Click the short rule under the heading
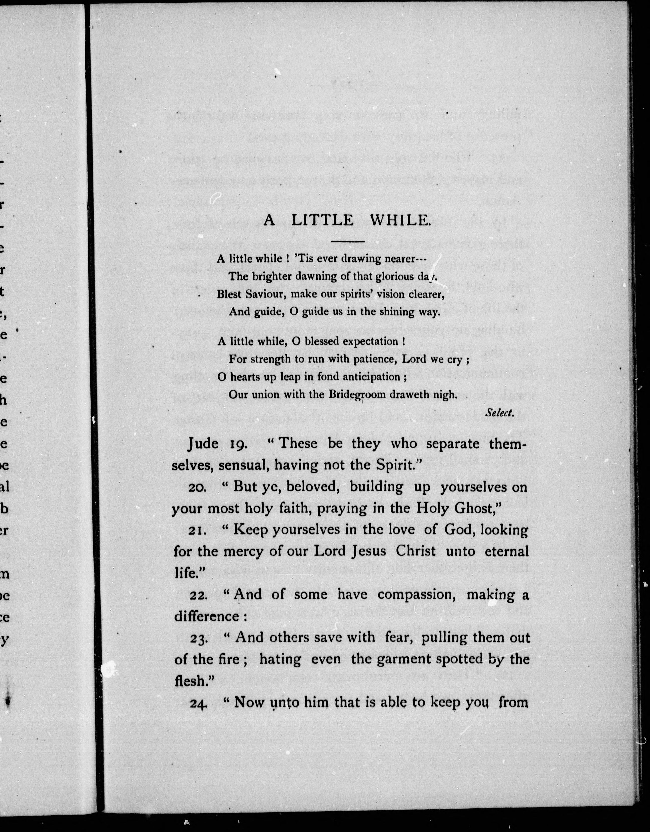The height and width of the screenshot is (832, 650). [348, 241]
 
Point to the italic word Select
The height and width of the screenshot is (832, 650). [500, 412]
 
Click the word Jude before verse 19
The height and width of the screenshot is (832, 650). [203, 444]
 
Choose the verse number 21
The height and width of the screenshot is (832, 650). [197, 531]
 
